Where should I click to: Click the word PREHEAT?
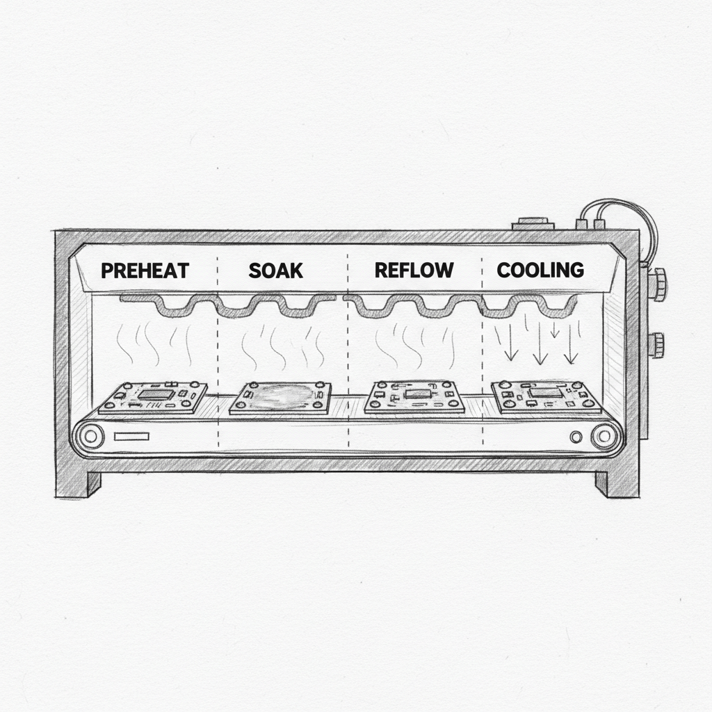click(145, 270)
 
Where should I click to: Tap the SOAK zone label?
click(276, 270)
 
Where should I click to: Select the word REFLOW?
click(414, 270)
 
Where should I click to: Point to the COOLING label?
click(540, 270)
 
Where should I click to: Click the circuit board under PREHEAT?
click(154, 398)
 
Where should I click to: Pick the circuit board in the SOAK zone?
click(278, 398)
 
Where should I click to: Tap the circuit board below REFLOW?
click(414, 398)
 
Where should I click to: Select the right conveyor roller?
click(604, 437)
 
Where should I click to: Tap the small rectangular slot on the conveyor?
click(132, 437)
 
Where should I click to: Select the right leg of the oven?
click(612, 483)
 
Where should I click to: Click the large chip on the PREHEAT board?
click(154, 395)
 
